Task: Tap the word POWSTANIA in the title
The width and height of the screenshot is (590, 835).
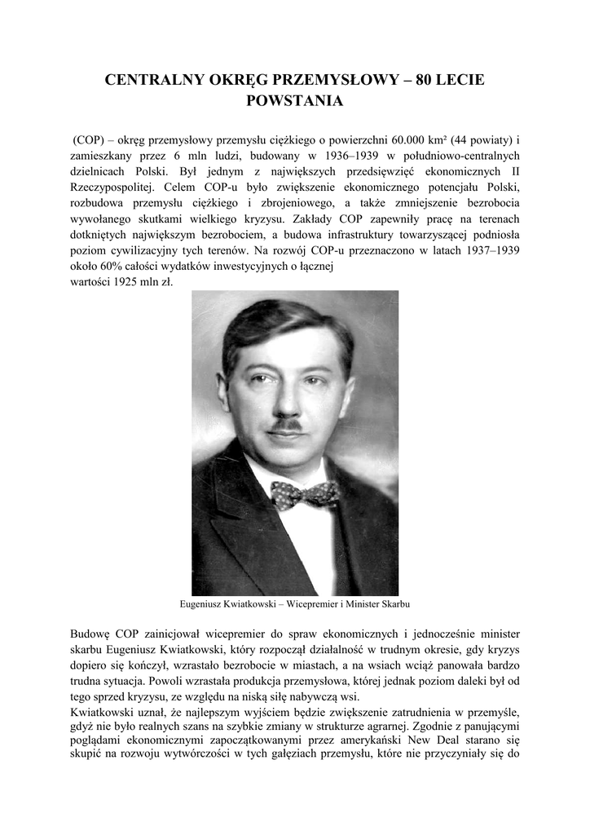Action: tap(295, 102)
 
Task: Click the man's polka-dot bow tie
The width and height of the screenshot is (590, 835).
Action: tap(305, 493)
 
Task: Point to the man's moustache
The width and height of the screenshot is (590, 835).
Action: tap(287, 424)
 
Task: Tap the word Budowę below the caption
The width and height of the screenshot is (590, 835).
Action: tap(91, 634)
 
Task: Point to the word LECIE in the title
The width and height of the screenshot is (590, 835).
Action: tap(461, 80)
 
